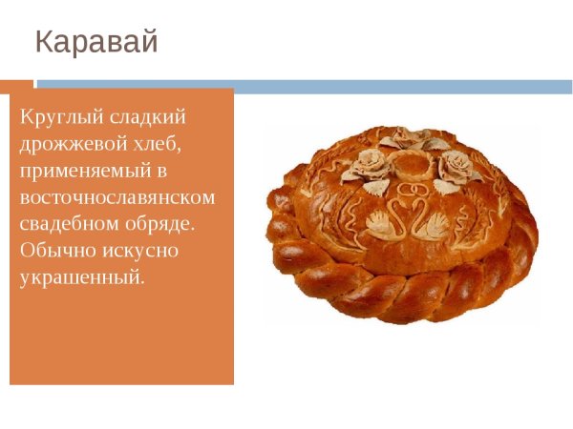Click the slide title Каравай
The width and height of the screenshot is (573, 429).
point(96,42)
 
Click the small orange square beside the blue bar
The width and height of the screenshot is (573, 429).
point(16,86)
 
